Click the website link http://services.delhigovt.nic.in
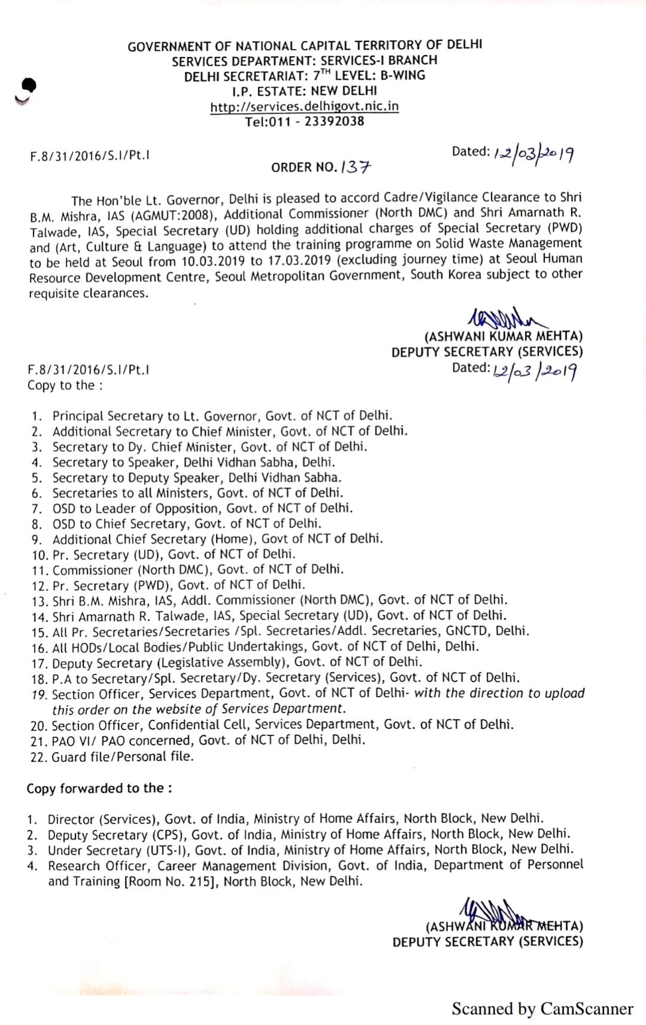click(x=304, y=107)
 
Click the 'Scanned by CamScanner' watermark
click(x=542, y=1009)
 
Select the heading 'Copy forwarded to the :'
click(x=99, y=788)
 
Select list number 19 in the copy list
click(x=39, y=695)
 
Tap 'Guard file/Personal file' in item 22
click(x=123, y=756)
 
